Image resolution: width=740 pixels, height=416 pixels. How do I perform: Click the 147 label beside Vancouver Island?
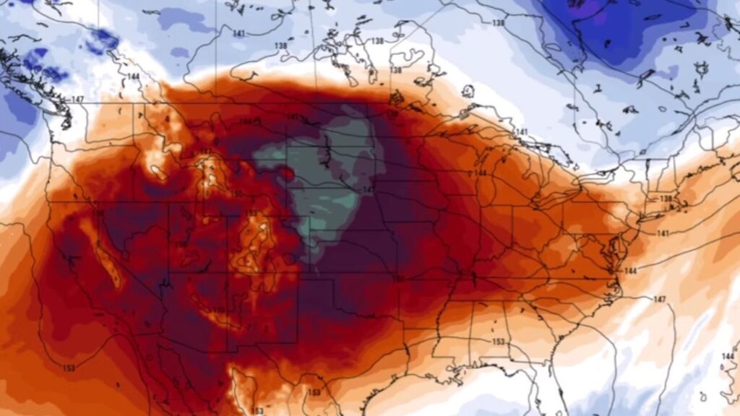tap(78, 99)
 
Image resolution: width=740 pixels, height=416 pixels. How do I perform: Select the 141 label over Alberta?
tap(239, 34)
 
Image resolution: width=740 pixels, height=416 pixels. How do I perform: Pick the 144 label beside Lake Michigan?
tap(479, 174)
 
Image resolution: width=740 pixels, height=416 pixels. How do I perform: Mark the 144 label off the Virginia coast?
tap(630, 271)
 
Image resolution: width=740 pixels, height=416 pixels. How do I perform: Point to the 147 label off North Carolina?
tap(659, 299)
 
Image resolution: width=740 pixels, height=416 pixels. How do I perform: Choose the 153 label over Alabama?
tap(497, 342)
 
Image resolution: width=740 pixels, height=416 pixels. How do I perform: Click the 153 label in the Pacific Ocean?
tap(69, 369)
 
